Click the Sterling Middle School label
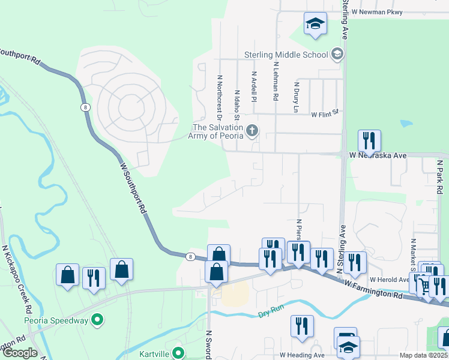pos(286,55)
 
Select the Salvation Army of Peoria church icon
pos(253,130)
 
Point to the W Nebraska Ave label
pos(378,155)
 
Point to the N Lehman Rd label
pos(275,80)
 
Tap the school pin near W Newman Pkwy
pos(315,25)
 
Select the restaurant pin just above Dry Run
pos(302,326)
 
